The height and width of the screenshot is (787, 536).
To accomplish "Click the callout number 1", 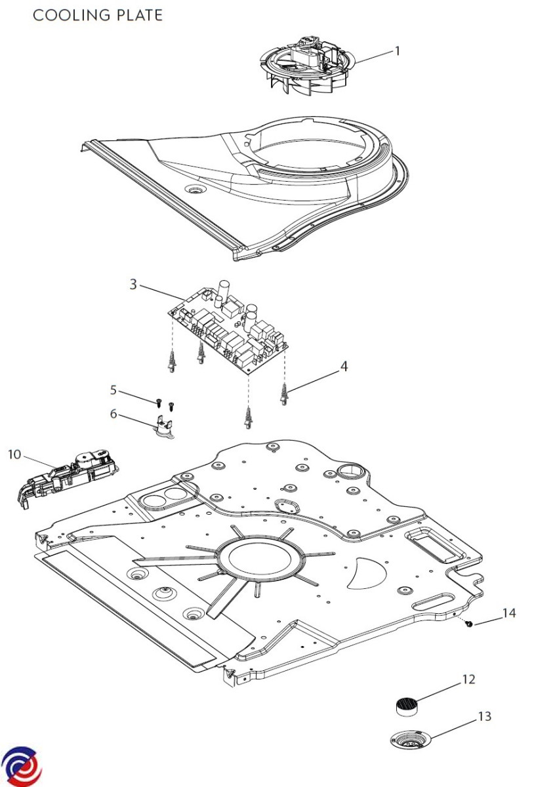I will (397, 51).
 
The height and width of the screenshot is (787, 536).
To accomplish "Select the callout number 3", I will (133, 284).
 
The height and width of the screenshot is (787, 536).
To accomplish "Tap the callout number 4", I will (344, 367).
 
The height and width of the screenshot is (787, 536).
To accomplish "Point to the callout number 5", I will (113, 390).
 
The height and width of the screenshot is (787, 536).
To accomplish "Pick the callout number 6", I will (113, 414).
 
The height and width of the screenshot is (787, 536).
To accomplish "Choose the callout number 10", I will (14, 454).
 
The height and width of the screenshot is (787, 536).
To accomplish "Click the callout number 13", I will (484, 717).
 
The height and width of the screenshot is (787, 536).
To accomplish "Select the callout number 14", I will (509, 613).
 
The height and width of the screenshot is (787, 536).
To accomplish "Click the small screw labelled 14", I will (470, 624).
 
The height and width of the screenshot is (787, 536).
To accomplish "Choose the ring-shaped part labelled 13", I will (411, 740).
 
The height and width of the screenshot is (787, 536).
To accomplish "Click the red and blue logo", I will (21, 765).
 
